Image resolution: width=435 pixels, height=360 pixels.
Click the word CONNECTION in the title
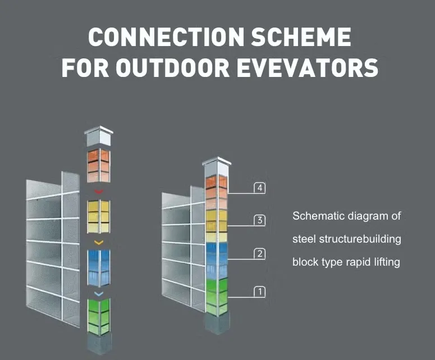coord(167,37)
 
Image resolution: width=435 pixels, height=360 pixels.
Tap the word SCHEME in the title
coord(301,37)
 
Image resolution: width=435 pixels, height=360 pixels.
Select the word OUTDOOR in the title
coord(172,67)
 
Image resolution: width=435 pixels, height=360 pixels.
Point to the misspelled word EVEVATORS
coord(307,67)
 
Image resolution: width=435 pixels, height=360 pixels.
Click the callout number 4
coord(260,188)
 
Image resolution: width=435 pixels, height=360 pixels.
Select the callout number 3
coord(260,220)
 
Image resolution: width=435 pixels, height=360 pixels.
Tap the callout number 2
coord(260,254)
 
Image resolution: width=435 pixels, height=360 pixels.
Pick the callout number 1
coord(260,291)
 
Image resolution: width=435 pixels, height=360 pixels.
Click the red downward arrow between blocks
coord(99,192)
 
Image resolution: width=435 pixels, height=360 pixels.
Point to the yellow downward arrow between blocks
coord(99,243)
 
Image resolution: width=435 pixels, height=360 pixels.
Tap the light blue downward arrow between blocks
coord(99,294)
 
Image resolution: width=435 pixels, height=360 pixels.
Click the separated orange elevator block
coord(99,166)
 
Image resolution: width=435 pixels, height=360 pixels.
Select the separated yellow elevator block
coord(99,216)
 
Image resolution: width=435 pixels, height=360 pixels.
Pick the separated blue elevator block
coord(99,268)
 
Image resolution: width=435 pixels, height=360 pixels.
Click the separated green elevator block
coord(99,316)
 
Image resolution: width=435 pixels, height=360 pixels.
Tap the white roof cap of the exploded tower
coord(99,136)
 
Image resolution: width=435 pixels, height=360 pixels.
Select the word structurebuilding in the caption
coord(360,239)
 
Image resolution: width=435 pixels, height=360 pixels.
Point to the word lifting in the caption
coord(387,262)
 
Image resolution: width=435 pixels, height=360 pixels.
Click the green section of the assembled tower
coord(217,297)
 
